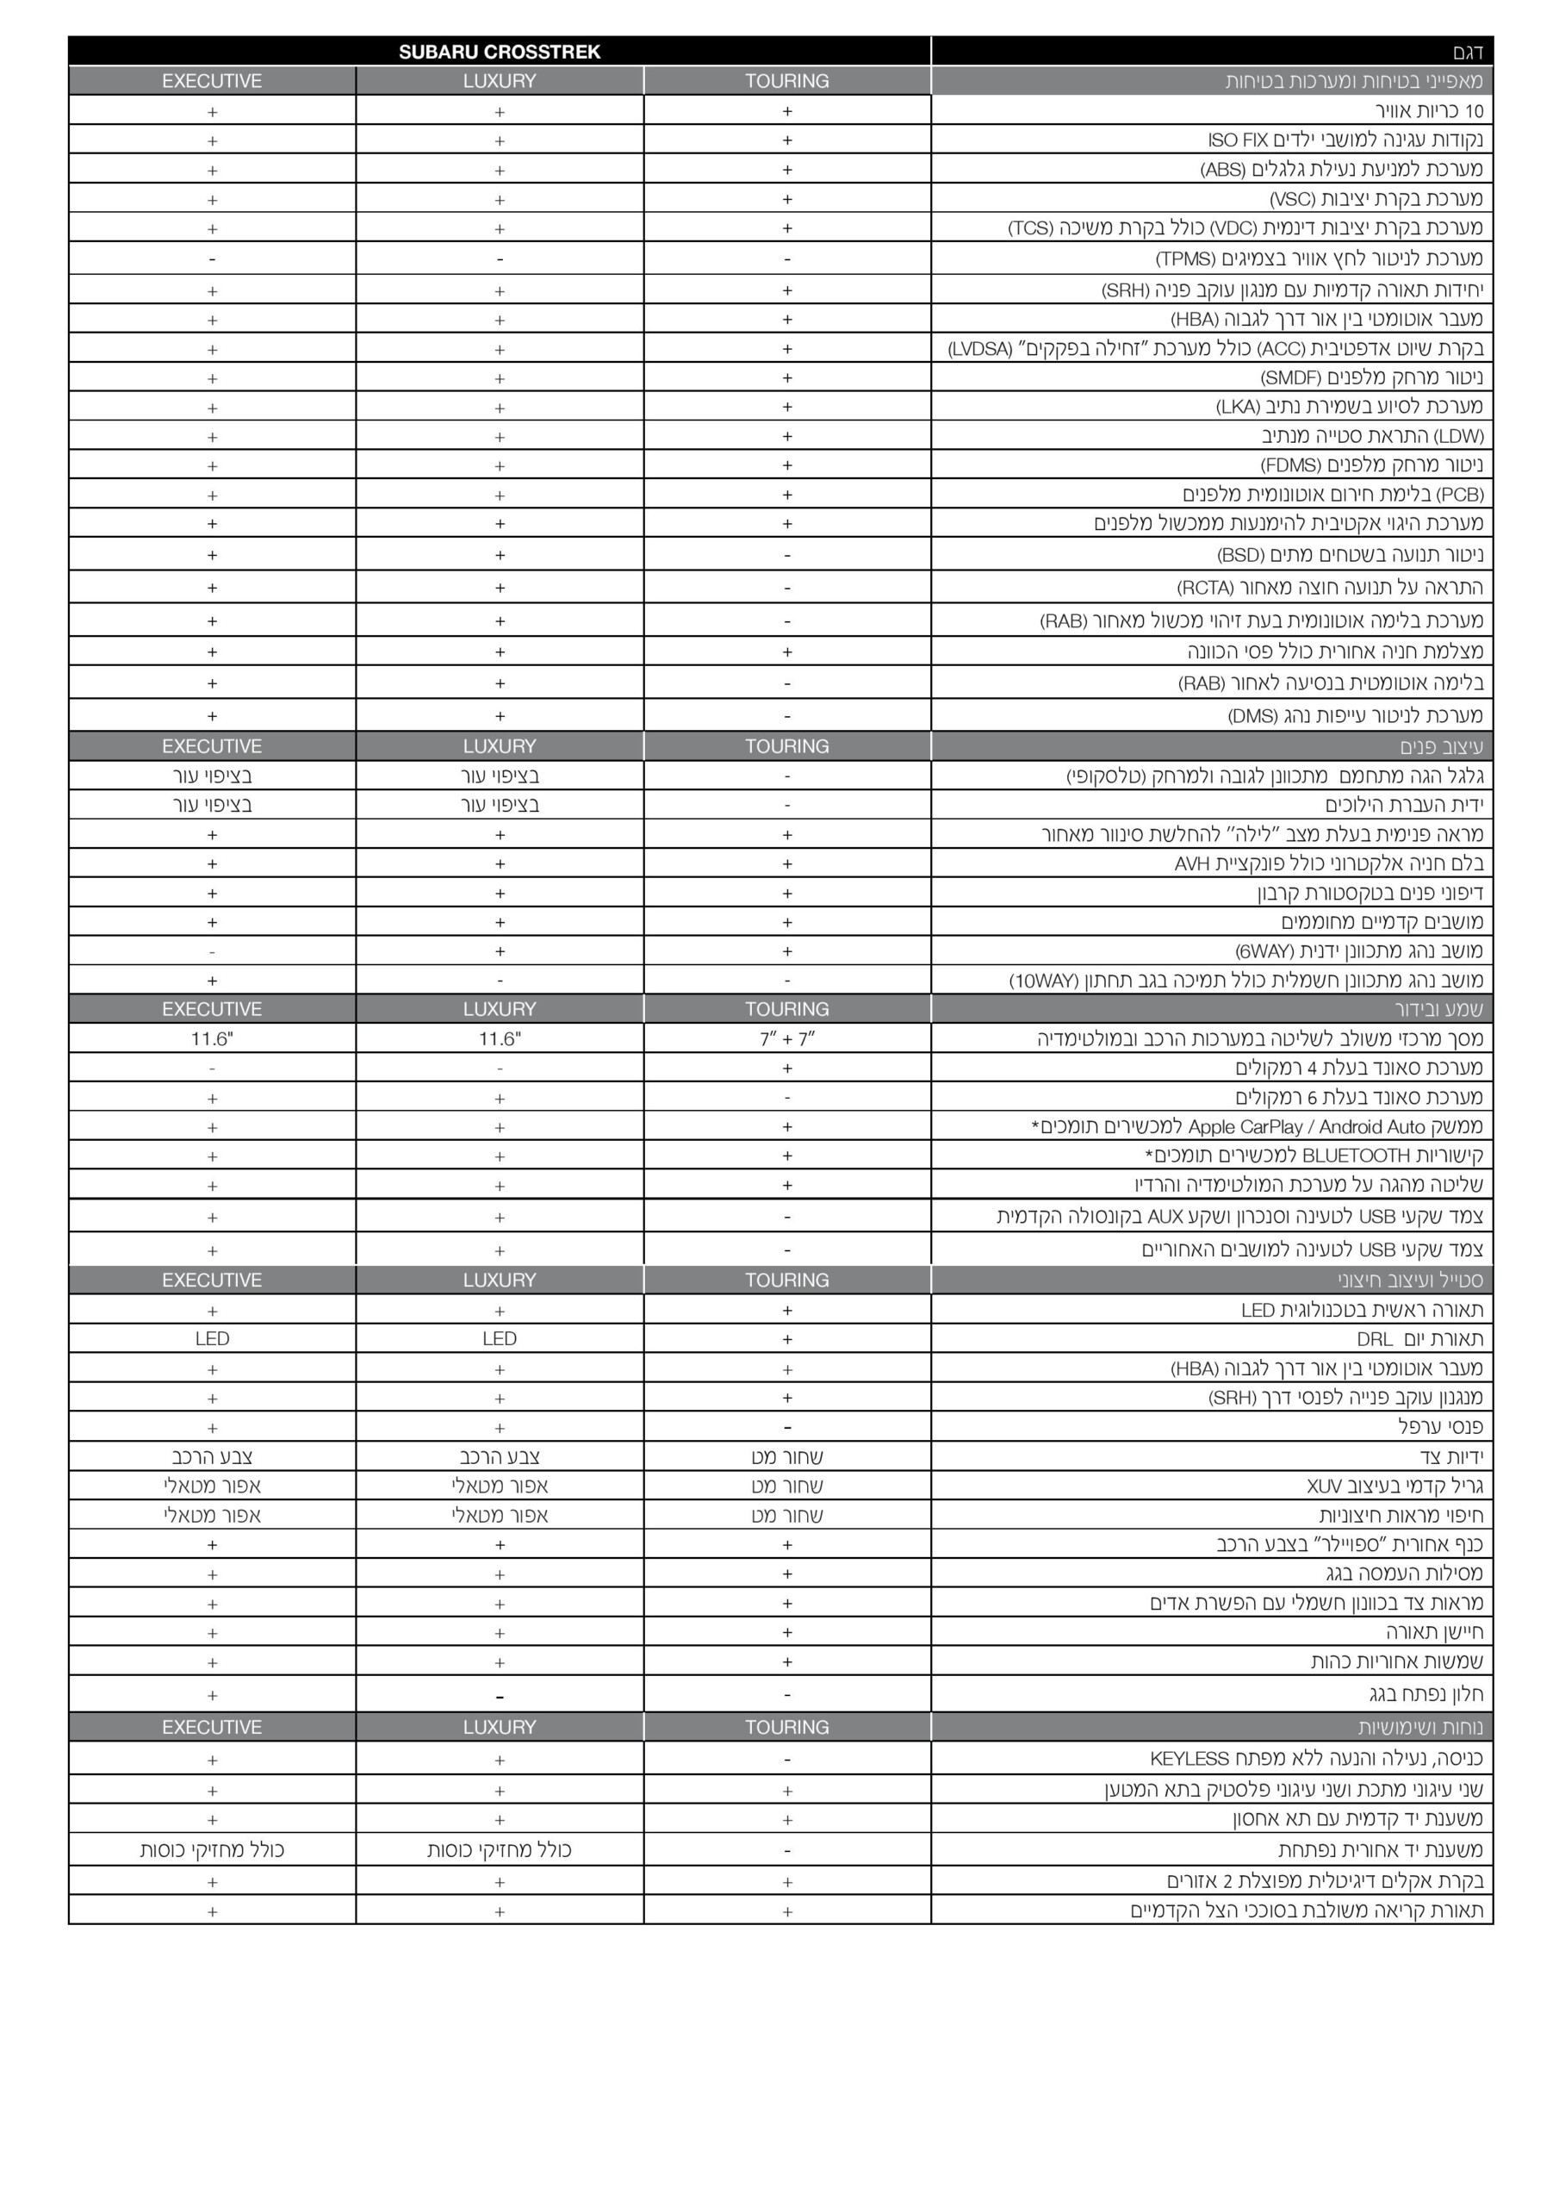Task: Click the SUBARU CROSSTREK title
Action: click(500, 52)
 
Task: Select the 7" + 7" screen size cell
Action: click(786, 1038)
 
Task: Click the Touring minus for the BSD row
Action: click(786, 555)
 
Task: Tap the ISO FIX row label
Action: click(1345, 140)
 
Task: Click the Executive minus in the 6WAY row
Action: click(212, 952)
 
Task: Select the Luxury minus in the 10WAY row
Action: click(500, 981)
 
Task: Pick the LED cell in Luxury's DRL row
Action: click(500, 1338)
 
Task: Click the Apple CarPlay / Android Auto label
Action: click(1258, 1127)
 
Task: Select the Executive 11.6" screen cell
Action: click(212, 1038)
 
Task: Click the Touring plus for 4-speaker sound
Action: click(786, 1069)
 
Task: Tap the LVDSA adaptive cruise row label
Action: click(1215, 349)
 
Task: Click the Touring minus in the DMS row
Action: click(786, 716)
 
